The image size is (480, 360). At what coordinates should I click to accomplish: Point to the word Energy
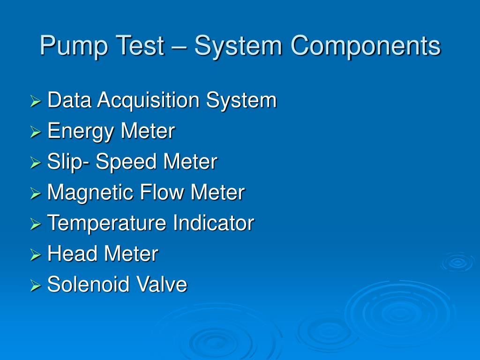click(x=81, y=131)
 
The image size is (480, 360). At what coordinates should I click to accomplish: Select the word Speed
click(x=127, y=162)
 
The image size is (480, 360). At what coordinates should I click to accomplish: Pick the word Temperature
click(x=107, y=223)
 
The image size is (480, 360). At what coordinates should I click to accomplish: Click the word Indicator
click(x=213, y=223)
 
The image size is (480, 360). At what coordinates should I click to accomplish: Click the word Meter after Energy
click(x=148, y=131)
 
